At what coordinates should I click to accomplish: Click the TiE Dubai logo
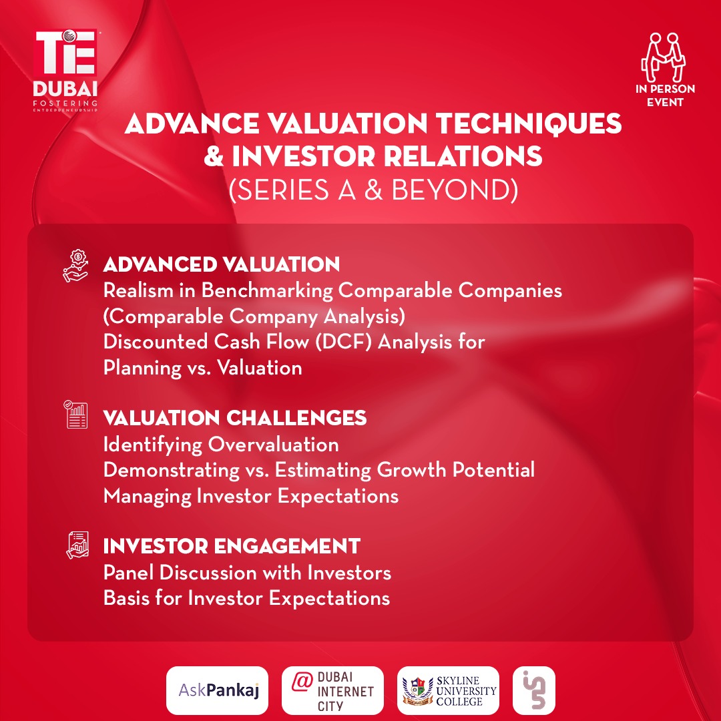coord(65,71)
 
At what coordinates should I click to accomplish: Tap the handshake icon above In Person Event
coord(664,57)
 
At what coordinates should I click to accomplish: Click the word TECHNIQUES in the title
coord(528,124)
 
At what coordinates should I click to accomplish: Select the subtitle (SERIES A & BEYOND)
coord(373,190)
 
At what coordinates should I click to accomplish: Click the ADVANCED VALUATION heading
coord(221,264)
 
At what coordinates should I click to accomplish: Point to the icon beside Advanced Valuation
coord(75,266)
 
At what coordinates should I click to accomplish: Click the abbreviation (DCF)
coord(343,342)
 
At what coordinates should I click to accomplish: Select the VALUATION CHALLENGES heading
coord(234,418)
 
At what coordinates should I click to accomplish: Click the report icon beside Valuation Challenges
coord(75,414)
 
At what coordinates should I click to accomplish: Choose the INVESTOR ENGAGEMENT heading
coord(231,546)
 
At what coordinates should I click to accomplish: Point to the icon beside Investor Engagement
coord(77,545)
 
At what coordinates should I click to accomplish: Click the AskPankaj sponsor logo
coord(217,690)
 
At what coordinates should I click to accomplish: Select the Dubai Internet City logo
coord(332,690)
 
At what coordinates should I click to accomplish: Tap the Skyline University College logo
coord(448,690)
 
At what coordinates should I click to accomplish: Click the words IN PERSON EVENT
coord(665,95)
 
